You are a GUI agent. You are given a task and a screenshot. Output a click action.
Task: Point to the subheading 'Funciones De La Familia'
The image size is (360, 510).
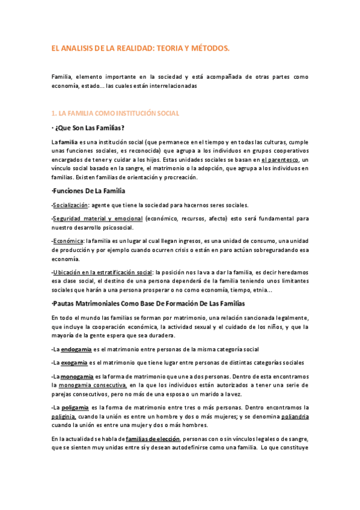point(88,191)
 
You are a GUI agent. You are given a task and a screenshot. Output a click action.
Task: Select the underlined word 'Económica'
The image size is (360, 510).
point(68,241)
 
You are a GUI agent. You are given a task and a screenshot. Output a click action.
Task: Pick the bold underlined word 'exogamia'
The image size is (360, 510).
point(75,363)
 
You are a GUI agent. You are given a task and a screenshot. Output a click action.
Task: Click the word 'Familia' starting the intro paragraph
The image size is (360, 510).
point(61,77)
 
